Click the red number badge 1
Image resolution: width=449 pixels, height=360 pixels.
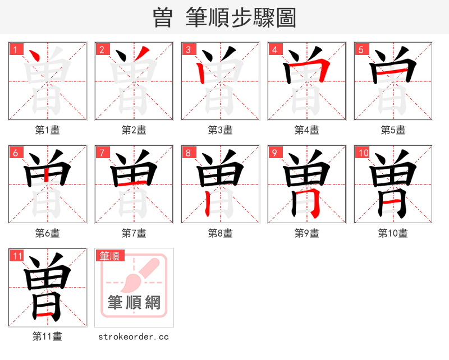tap(15, 49)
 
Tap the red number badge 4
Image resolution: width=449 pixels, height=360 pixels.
tap(274, 49)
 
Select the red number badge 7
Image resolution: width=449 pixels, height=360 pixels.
tap(102, 153)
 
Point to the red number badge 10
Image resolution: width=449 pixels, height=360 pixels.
tap(362, 153)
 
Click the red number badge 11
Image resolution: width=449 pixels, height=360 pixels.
tap(17, 256)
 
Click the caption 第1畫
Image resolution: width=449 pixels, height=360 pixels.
tap(48, 130)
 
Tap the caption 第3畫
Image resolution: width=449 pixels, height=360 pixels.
tap(221, 130)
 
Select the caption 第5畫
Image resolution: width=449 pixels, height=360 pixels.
tap(393, 130)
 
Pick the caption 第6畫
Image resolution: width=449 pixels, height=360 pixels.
tap(48, 233)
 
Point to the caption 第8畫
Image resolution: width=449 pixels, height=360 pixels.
tap(221, 233)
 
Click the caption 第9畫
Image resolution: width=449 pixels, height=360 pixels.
tap(307, 233)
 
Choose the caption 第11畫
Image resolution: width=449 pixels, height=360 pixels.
tap(48, 336)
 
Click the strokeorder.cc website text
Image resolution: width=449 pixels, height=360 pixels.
tap(134, 336)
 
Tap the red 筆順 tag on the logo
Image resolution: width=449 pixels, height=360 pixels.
tap(109, 256)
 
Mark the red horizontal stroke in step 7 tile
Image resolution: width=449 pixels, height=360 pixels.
tap(134, 183)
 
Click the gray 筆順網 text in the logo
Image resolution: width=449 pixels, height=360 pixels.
tap(134, 303)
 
